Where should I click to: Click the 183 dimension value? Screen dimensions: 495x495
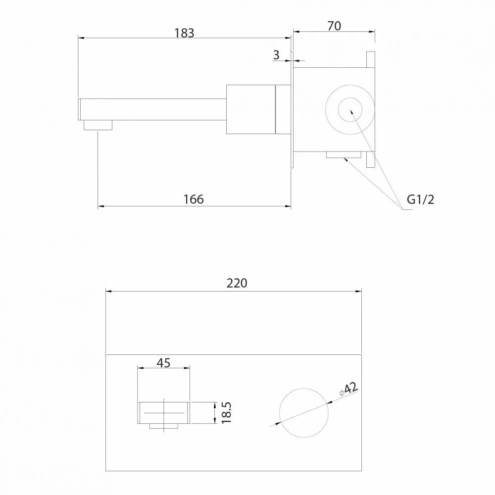[184, 33]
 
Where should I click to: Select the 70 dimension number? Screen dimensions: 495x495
[334, 26]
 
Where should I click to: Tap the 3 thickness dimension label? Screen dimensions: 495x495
[276, 55]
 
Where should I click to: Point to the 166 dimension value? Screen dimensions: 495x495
[194, 199]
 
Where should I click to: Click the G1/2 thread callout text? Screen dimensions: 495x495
[420, 199]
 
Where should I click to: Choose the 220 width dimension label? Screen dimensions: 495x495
[237, 283]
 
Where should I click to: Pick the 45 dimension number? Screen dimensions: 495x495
[163, 363]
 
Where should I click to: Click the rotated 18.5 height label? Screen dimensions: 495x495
[226, 413]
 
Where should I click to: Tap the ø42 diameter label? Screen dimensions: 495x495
[349, 389]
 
